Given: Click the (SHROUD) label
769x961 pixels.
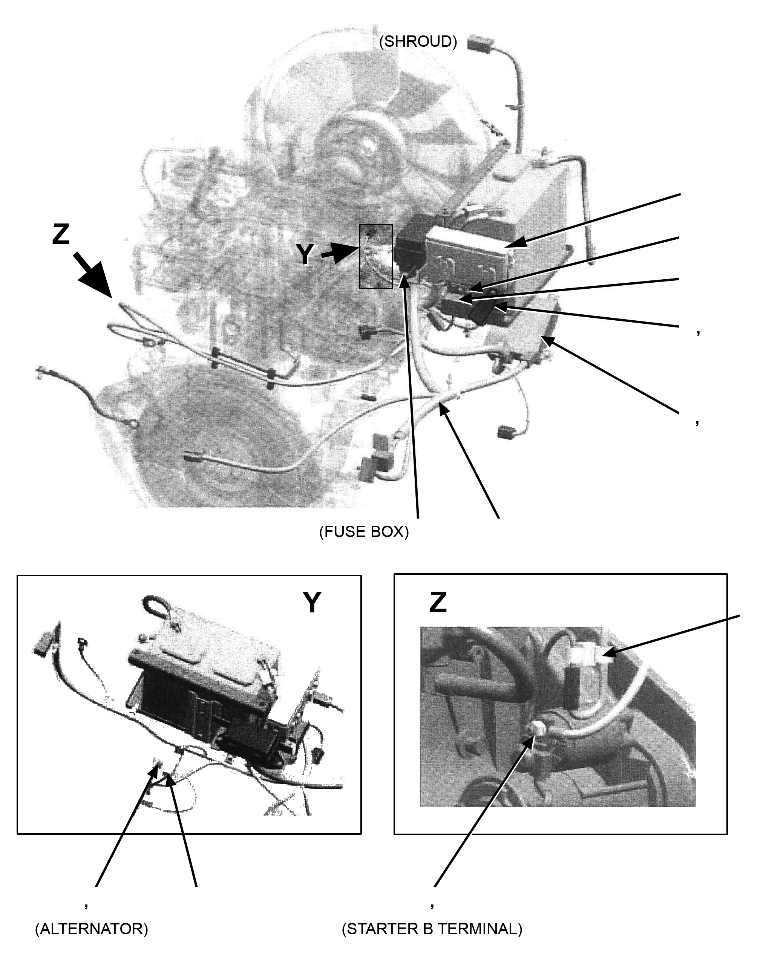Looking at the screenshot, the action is coord(418,41).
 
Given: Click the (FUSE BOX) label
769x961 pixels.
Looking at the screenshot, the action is coord(364,532).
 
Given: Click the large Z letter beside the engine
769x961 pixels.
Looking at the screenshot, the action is coord(61,234).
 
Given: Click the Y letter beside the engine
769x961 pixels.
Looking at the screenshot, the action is coord(305,254).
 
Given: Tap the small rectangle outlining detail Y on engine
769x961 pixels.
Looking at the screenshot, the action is coord(376,256).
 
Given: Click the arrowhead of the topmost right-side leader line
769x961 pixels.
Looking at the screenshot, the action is coord(513,243).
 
